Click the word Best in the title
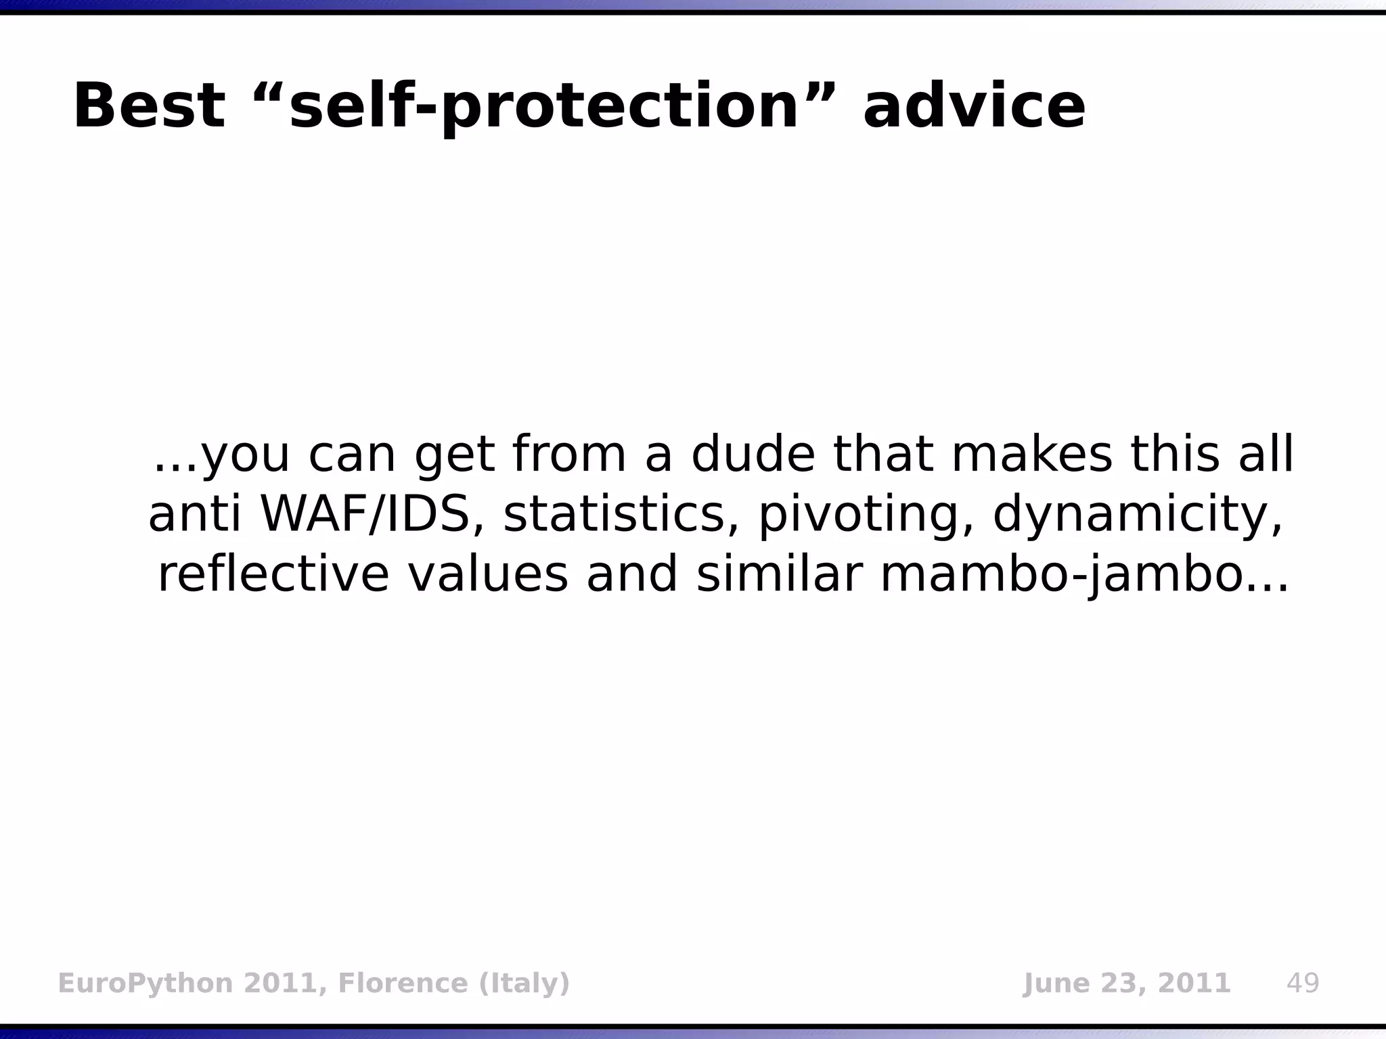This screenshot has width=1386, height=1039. point(149,106)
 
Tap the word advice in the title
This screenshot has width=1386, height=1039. point(974,106)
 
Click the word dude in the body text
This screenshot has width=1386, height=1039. point(753,455)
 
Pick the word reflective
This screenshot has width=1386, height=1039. point(273,575)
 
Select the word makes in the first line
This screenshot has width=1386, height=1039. point(1032,455)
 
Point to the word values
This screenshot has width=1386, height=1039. point(487,575)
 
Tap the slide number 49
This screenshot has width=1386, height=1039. point(1303,983)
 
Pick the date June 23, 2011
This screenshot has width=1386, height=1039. point(1126,983)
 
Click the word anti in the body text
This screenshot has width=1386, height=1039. point(194,514)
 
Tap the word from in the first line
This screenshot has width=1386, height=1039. point(569,455)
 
